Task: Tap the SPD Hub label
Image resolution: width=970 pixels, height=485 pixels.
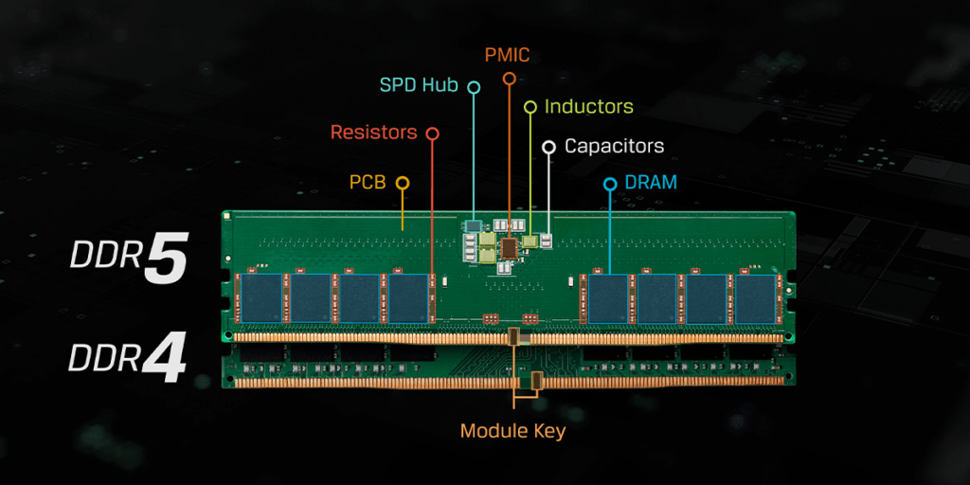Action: click(419, 85)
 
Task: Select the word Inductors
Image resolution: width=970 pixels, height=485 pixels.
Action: click(588, 106)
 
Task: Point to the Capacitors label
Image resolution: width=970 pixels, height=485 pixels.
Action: click(614, 146)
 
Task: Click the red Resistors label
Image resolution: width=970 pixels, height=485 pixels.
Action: click(373, 133)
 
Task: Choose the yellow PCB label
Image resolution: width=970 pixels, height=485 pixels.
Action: click(368, 181)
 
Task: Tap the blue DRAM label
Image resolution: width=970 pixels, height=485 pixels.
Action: click(651, 182)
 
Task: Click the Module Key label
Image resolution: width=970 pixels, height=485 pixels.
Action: click(512, 431)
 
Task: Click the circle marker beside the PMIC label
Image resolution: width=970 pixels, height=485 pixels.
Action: click(509, 79)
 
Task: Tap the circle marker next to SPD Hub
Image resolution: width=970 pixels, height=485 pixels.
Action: click(474, 87)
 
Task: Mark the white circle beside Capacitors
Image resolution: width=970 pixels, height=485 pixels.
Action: click(548, 147)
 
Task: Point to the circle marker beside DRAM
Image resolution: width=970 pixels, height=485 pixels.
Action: click(610, 183)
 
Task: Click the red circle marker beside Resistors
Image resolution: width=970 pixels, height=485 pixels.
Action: click(433, 134)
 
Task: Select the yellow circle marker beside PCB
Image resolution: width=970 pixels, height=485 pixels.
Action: click(403, 182)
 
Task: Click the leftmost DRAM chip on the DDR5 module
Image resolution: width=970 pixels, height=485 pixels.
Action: click(260, 297)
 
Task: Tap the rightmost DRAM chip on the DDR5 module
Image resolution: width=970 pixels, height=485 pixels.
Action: click(755, 297)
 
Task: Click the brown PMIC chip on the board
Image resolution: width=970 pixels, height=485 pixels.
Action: click(511, 247)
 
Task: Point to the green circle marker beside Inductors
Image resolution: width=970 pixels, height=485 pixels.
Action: click(530, 107)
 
